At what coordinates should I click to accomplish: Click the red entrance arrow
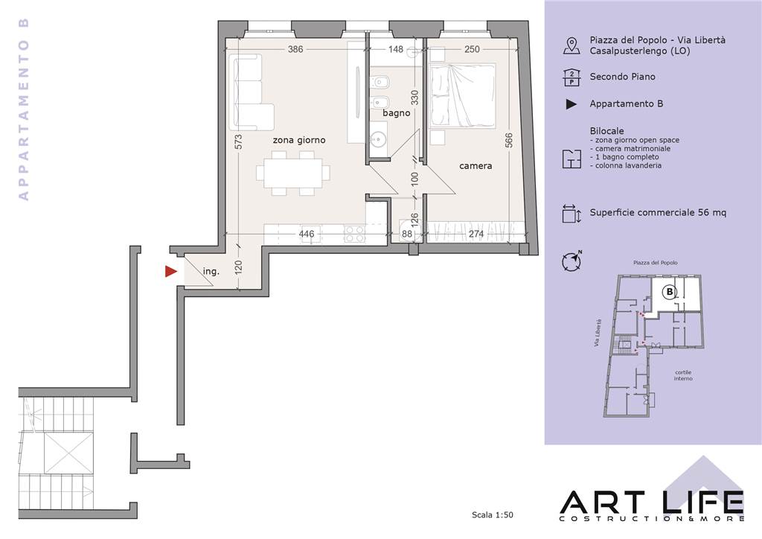pyautogui.click(x=170, y=271)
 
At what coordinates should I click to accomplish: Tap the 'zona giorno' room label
pyautogui.click(x=299, y=140)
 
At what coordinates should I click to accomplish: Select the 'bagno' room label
pyautogui.click(x=396, y=113)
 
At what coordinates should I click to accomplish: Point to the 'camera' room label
pyautogui.click(x=476, y=166)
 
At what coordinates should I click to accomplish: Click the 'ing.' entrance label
pyautogui.click(x=211, y=271)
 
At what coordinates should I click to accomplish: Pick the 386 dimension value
pyautogui.click(x=295, y=49)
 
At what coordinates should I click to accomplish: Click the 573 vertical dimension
pyautogui.click(x=238, y=142)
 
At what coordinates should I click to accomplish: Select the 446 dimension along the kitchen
pyautogui.click(x=306, y=234)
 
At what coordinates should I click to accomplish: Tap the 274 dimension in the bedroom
pyautogui.click(x=476, y=234)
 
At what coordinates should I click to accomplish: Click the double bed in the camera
pyautogui.click(x=463, y=95)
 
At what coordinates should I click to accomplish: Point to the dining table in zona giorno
pyautogui.click(x=293, y=173)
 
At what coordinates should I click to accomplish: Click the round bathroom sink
pyautogui.click(x=377, y=140)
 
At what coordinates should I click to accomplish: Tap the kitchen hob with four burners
pyautogui.click(x=355, y=234)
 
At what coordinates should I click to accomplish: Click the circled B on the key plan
pyautogui.click(x=670, y=292)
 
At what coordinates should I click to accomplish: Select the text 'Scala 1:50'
pyautogui.click(x=493, y=514)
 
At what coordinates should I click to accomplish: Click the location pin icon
pyautogui.click(x=571, y=45)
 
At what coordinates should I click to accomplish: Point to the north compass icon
pyautogui.click(x=571, y=261)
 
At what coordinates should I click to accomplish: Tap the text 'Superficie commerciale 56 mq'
pyautogui.click(x=658, y=212)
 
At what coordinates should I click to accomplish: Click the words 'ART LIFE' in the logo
pyautogui.click(x=652, y=503)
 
